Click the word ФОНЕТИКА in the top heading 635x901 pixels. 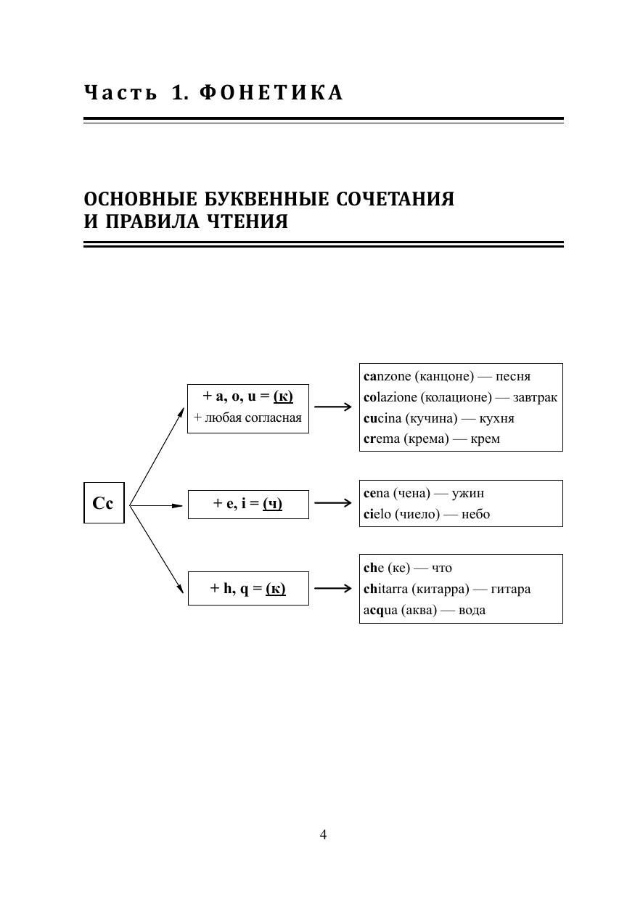click(270, 93)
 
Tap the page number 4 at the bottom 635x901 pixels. click(323, 835)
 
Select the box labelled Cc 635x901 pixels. click(104, 503)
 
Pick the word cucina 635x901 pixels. click(382, 418)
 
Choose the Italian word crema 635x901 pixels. click(380, 439)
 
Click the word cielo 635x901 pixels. click(377, 514)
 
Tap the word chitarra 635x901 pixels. click(386, 589)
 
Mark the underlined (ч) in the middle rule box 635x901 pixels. click(272, 504)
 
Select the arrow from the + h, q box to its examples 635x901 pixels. click(334, 589)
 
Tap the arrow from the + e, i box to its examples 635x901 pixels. click(334, 502)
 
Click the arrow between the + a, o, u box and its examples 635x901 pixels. click(334, 407)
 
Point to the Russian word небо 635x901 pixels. click(475, 514)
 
